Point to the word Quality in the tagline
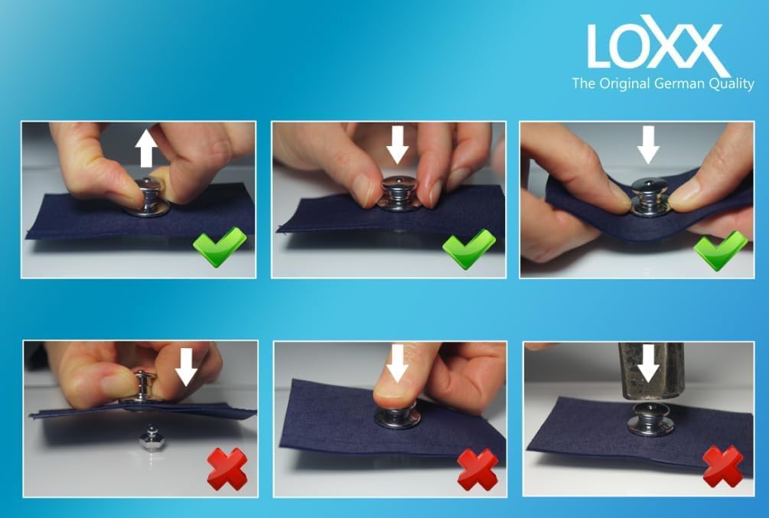(x=732, y=84)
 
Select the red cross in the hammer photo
(x=723, y=467)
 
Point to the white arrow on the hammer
(x=649, y=363)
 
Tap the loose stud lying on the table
(x=149, y=438)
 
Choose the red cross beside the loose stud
(x=227, y=468)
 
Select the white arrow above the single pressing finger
(x=398, y=363)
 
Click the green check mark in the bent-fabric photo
(x=720, y=249)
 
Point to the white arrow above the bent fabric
(x=648, y=145)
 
